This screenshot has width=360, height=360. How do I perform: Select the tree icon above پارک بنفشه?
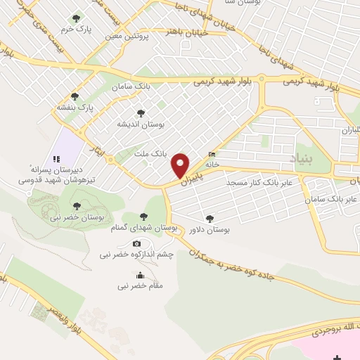pyautogui.click(x=75, y=96)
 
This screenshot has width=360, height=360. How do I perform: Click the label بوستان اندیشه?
pyautogui.click(x=141, y=124)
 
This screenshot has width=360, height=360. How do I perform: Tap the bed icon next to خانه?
pyautogui.click(x=212, y=155)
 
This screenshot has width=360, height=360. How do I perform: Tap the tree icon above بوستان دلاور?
pyautogui.click(x=208, y=218)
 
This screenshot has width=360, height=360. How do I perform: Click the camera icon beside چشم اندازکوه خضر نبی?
pyautogui.click(x=136, y=244)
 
